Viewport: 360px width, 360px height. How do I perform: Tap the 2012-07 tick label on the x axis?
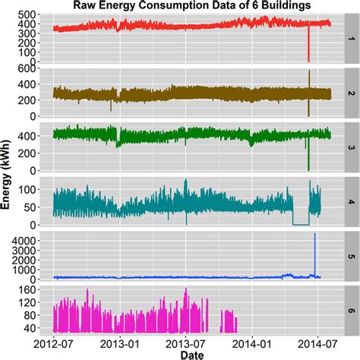pyautogui.click(x=54, y=343)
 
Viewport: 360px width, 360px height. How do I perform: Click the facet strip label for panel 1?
pyautogui.click(x=351, y=38)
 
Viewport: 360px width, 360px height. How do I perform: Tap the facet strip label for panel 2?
pyautogui.click(x=351, y=93)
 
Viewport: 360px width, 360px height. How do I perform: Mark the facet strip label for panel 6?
pyautogui.click(x=351, y=310)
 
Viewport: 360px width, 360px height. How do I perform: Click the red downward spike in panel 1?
pyautogui.click(x=308, y=47)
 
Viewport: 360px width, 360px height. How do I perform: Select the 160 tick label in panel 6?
pyautogui.click(x=30, y=289)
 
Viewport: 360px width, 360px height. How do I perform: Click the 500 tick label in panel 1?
pyautogui.click(x=30, y=15)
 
